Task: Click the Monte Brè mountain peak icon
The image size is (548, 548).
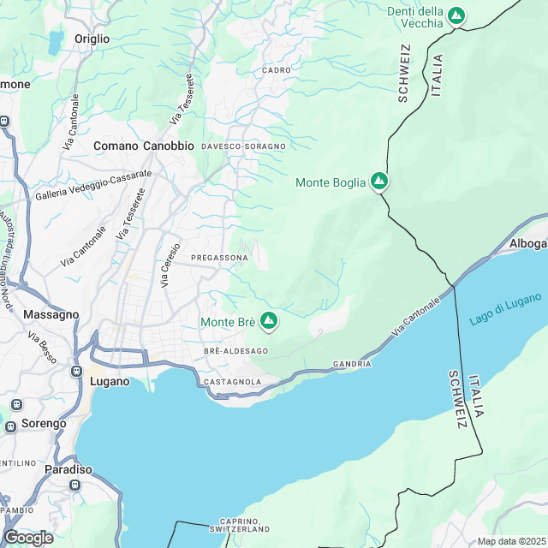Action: tap(269, 321)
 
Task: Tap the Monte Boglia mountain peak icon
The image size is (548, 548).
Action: tap(378, 182)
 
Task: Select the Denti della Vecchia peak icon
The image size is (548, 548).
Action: tap(457, 15)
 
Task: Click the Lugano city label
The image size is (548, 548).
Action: tap(109, 381)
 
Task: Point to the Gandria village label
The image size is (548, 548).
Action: tap(352, 364)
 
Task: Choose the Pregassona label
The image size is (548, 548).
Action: tap(219, 257)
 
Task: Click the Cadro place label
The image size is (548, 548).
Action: tap(277, 70)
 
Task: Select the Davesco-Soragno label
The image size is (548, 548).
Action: tap(242, 146)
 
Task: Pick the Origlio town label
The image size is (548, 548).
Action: tap(92, 39)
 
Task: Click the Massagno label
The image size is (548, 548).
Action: tap(51, 314)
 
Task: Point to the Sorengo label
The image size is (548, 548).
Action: tap(44, 423)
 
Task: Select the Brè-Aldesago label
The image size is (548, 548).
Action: tap(235, 351)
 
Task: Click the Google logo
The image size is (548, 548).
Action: tap(27, 537)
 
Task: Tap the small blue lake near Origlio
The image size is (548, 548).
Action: tap(56, 41)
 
